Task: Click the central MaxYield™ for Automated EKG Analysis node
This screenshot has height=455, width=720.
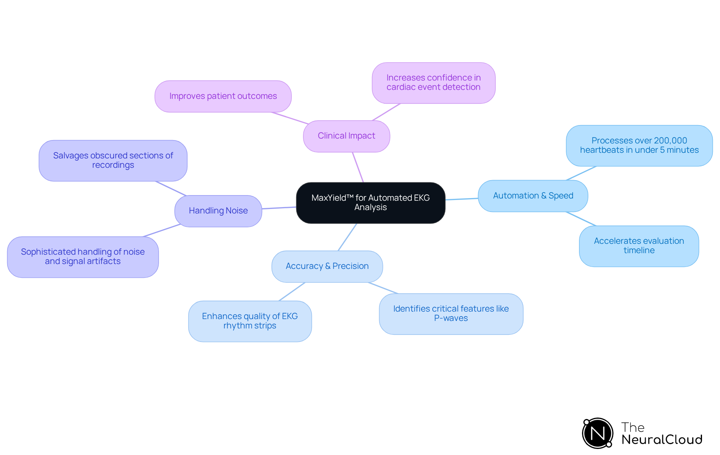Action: click(x=370, y=203)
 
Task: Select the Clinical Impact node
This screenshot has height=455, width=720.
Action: click(x=346, y=136)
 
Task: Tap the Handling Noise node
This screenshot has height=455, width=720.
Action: click(x=218, y=211)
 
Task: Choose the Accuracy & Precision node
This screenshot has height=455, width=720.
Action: click(x=327, y=266)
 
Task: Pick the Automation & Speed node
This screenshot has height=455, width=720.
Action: click(x=532, y=196)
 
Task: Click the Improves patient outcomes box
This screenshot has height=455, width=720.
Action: click(x=223, y=96)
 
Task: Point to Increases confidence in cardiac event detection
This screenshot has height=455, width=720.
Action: click(x=433, y=83)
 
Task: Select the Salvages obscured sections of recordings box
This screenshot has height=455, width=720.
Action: click(x=113, y=161)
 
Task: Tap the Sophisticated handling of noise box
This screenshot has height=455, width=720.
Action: click(x=82, y=257)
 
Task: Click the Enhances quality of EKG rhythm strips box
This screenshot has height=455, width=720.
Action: click(x=250, y=321)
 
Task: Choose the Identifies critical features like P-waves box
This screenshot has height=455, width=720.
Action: click(x=451, y=314)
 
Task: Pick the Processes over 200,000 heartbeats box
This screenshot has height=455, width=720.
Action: click(x=639, y=146)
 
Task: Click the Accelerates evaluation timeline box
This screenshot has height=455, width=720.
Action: click(x=639, y=246)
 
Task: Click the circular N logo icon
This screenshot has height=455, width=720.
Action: click(x=597, y=433)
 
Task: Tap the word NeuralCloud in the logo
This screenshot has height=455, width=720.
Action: click(x=661, y=440)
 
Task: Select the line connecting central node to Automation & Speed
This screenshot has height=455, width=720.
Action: click(x=462, y=199)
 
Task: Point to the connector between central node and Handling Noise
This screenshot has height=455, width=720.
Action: click(x=279, y=208)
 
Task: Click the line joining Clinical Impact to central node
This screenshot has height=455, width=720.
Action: click(x=358, y=167)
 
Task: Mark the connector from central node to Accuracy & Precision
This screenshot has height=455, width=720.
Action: click(x=347, y=237)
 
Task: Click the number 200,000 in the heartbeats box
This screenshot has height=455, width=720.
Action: click(x=670, y=141)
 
